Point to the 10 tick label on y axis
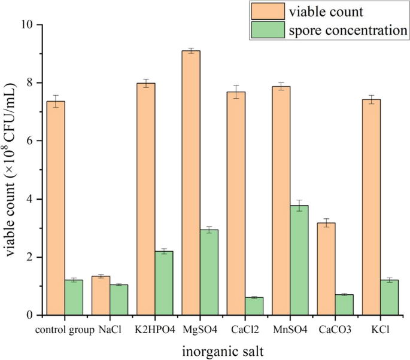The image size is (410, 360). [26, 25]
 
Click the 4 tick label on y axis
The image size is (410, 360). [30, 199]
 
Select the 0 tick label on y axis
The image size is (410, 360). [30, 315]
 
